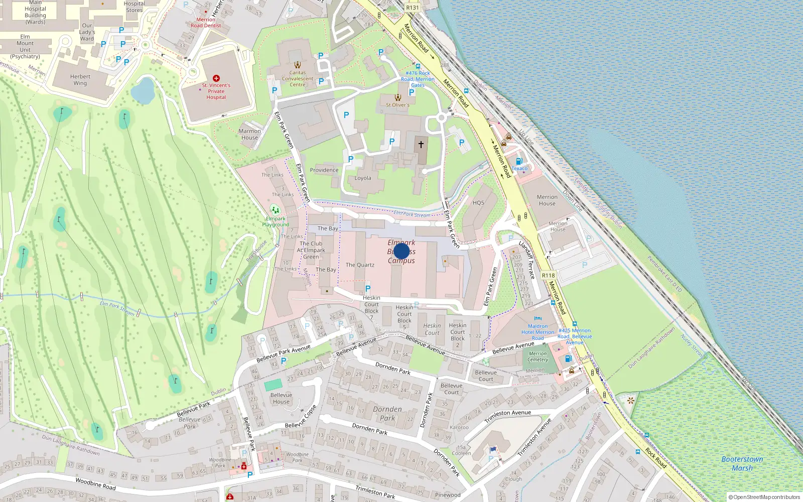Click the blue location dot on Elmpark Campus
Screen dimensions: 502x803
[401, 251]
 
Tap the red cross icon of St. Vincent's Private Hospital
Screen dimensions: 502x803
[216, 78]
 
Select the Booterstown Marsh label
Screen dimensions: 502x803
[742, 463]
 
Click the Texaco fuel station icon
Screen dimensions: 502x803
[519, 162]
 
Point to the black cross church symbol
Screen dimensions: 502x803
[421, 144]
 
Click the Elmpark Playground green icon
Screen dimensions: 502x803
[274, 209]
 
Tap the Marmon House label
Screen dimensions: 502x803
[249, 134]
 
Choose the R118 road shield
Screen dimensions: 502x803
[548, 276]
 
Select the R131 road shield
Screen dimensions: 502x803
[413, 8]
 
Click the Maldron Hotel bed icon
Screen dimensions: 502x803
[538, 318]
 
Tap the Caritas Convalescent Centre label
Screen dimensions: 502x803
[298, 79]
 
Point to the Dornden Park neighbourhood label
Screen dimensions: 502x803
[387, 413]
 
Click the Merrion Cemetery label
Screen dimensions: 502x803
[538, 356]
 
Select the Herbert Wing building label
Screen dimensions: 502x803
[80, 80]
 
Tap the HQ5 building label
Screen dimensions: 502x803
[478, 203]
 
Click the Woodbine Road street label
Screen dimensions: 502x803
[95, 483]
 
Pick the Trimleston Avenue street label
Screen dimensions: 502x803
[507, 414]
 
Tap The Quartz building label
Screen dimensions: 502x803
[360, 265]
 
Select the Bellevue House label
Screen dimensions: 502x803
[281, 398]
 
